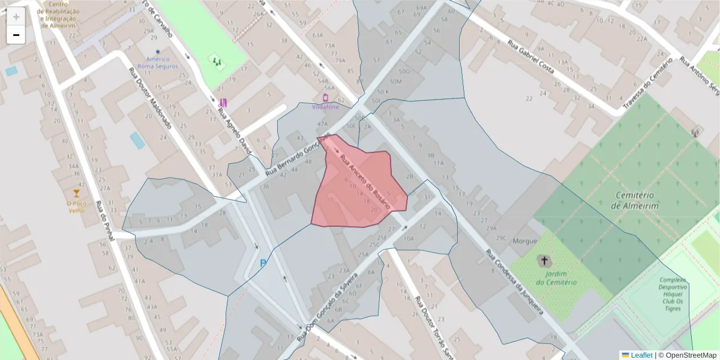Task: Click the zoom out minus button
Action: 16,35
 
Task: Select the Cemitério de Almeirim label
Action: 635,200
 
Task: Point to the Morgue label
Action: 524,241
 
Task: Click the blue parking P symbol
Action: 263,263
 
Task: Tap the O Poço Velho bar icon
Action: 76,193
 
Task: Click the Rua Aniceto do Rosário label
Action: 365,182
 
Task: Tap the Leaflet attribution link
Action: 640,355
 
